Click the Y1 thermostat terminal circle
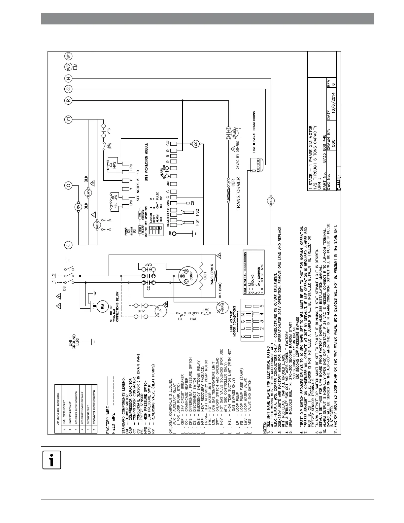coord(69,120)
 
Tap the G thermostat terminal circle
coord(69,89)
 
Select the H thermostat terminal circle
coord(69,79)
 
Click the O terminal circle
coord(69,186)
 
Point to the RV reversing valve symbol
coord(78,207)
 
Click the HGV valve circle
coord(271,201)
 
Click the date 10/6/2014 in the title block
coord(334,121)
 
